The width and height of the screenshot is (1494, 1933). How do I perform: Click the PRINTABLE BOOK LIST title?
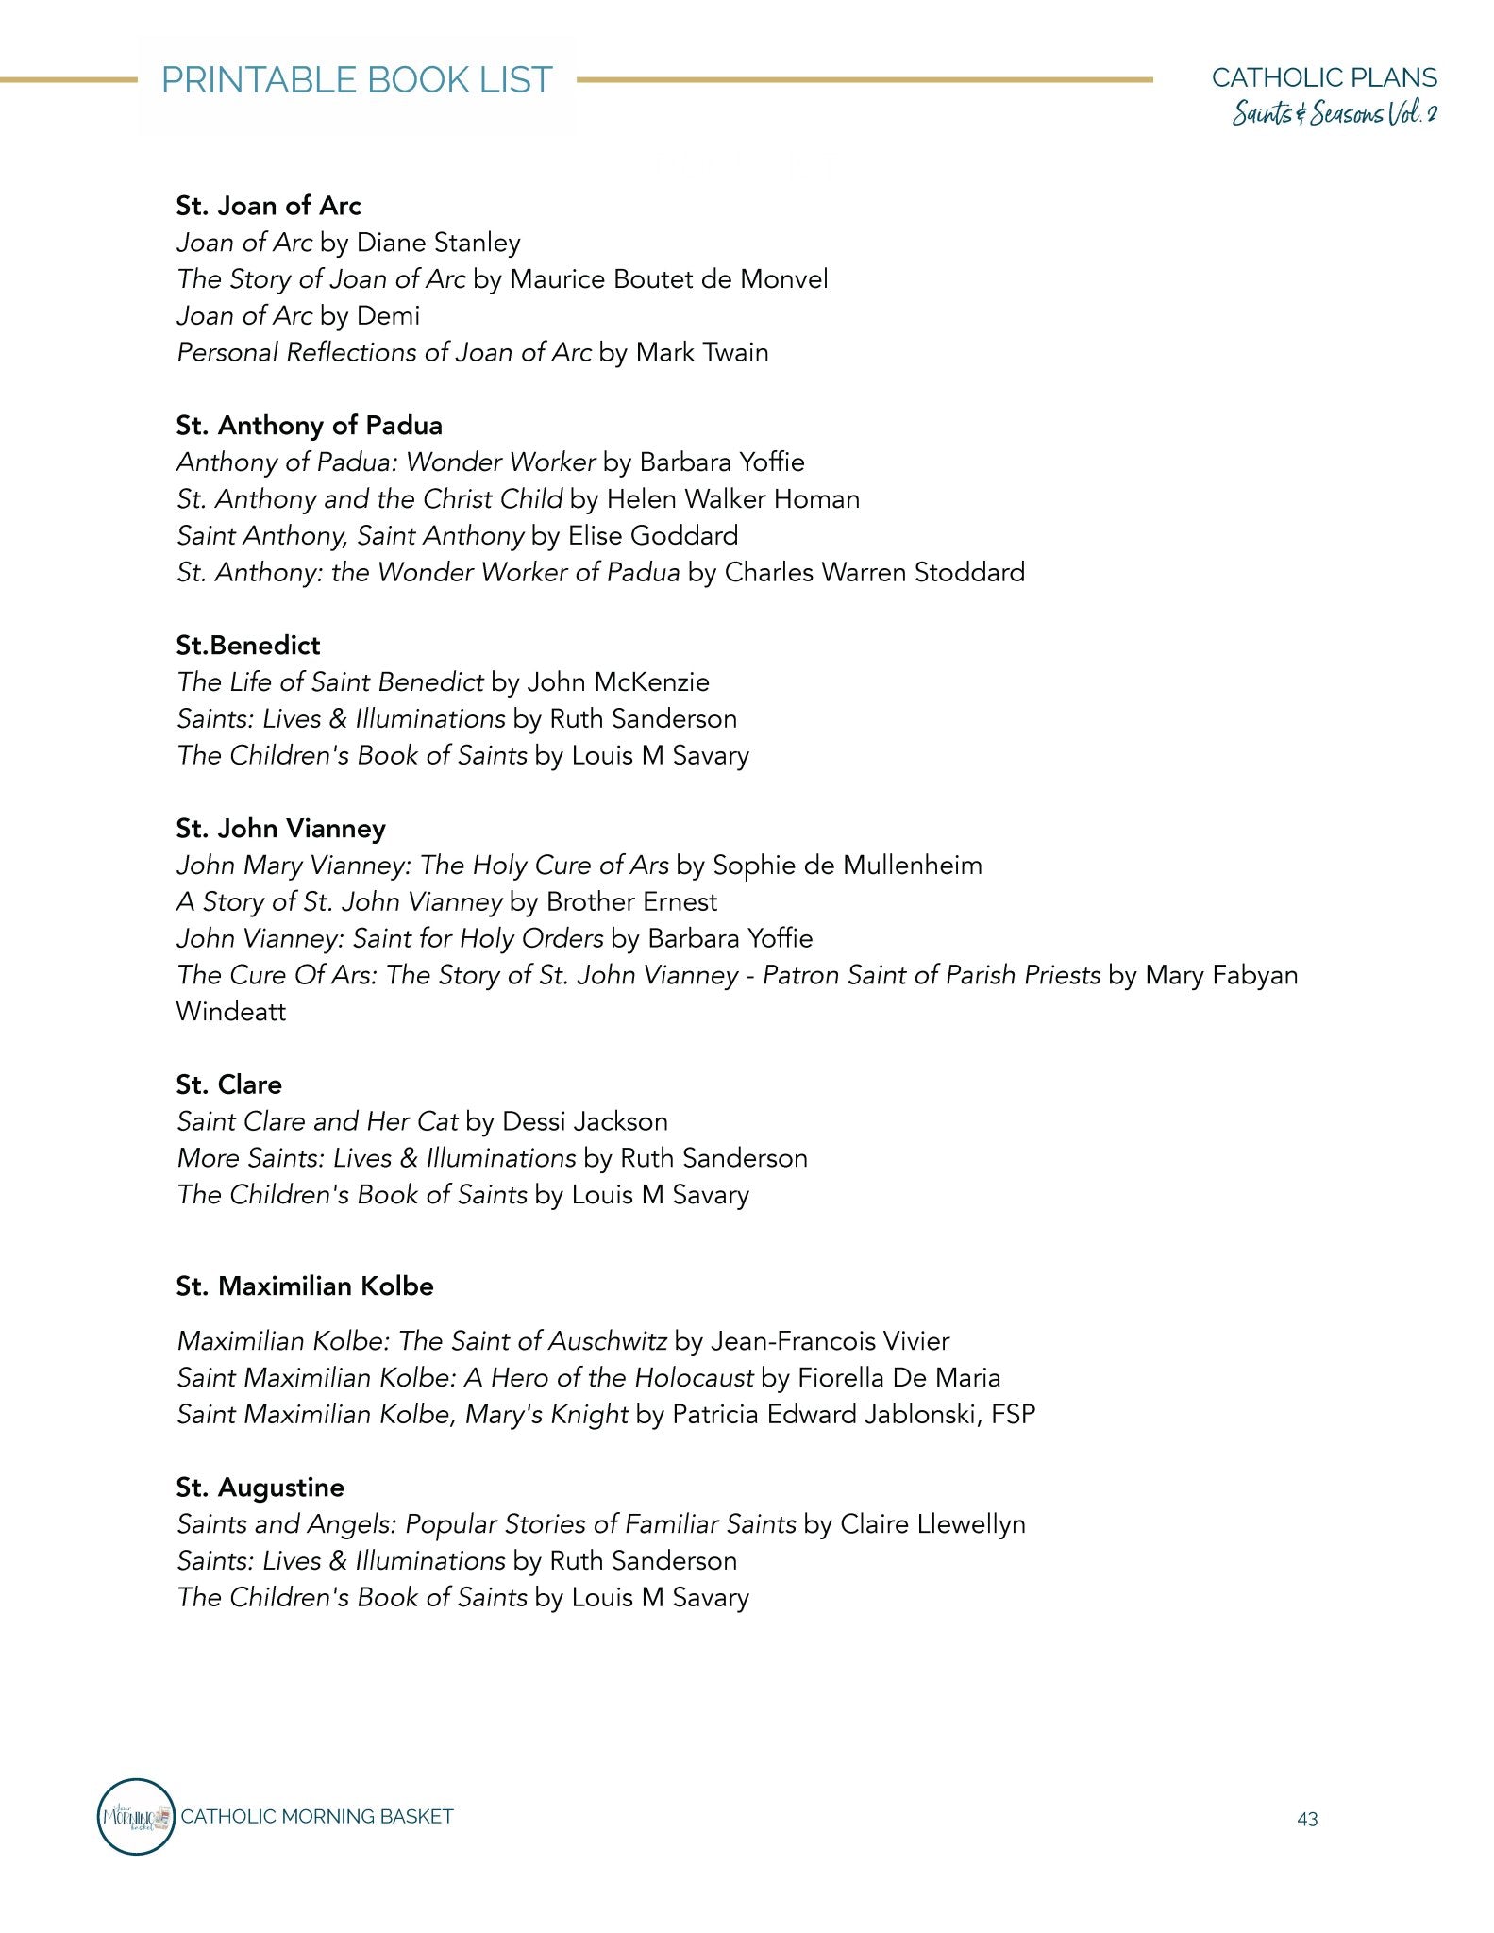[357, 80]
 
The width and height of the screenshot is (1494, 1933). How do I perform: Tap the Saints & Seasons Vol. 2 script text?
[1335, 115]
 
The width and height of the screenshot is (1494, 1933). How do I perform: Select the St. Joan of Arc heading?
[268, 206]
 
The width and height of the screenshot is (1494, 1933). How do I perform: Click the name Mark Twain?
[702, 353]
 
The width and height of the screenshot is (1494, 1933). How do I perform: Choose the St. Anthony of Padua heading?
[309, 426]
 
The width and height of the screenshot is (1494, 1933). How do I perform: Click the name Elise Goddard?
[653, 536]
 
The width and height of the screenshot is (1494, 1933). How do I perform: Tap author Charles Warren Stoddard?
[874, 573]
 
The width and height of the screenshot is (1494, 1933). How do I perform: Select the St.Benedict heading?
[248, 646]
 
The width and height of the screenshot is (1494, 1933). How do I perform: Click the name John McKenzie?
[618, 682]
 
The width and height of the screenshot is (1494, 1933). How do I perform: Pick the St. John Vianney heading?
[280, 829]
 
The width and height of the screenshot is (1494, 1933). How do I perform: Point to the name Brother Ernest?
[631, 902]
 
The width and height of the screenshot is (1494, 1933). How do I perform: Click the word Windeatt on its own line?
[230, 1012]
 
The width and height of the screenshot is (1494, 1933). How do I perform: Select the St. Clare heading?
[228, 1084]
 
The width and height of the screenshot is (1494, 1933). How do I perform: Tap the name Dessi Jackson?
[585, 1121]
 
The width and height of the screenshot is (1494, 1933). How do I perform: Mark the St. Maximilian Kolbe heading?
[304, 1286]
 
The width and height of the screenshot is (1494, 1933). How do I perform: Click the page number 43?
[1307, 1820]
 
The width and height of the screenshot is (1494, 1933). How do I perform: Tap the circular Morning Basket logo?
[137, 1817]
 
